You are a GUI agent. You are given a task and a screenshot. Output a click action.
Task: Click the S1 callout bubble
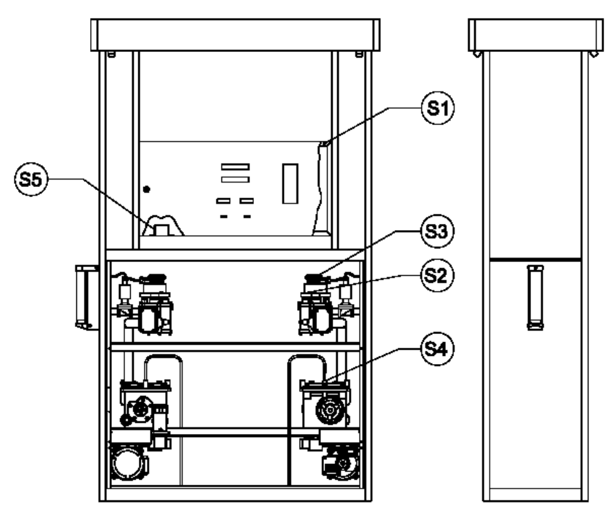438,108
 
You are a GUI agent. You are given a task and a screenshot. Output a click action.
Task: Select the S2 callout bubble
437,275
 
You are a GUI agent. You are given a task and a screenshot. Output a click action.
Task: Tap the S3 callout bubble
437,231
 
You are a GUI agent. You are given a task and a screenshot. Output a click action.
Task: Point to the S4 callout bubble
437,348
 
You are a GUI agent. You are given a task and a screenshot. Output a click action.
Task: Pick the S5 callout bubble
31,180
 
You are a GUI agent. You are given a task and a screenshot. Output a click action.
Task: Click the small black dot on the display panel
146,190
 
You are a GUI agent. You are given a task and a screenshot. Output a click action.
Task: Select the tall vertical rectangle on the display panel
290,183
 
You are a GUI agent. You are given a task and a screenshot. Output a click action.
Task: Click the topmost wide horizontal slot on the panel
235,167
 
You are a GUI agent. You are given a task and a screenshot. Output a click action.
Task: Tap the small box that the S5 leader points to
161,230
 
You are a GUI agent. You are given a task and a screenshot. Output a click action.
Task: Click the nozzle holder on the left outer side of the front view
86,297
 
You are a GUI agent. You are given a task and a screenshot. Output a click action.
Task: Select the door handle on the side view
535,298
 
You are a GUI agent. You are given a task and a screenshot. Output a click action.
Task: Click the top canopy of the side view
536,35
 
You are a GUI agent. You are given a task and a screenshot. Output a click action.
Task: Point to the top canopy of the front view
235,35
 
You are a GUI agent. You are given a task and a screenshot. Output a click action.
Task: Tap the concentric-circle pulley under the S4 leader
330,410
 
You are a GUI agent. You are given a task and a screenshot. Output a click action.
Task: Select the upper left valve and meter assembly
143,305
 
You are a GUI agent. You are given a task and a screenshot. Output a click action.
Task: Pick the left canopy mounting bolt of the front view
111,54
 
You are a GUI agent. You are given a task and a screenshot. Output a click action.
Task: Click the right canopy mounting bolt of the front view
359,54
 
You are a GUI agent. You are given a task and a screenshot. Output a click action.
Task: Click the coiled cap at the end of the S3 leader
317,278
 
